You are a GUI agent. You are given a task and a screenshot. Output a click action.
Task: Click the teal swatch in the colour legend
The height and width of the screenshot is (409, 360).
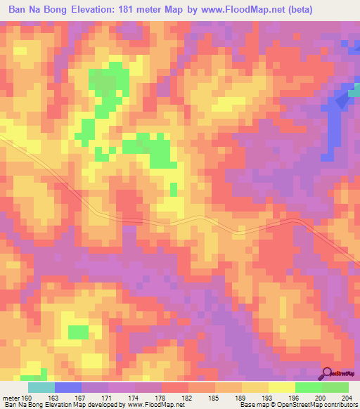pos(41,387)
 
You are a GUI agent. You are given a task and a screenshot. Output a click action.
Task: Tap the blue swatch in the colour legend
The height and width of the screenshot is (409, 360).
pos(68,387)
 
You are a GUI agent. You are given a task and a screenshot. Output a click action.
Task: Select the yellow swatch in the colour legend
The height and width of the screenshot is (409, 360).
pos(282,387)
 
